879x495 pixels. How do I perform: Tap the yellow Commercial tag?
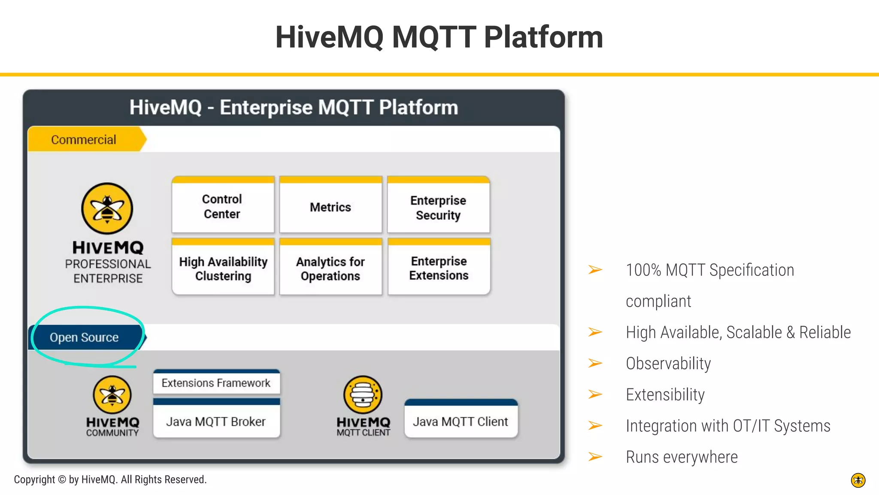pyautogui.click(x=84, y=140)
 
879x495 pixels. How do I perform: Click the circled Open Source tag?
pyautogui.click(x=85, y=337)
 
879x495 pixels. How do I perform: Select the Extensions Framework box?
pyautogui.click(x=216, y=383)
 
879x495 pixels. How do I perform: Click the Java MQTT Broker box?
pyautogui.click(x=216, y=422)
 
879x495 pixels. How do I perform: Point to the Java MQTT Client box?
pyautogui.click(x=461, y=422)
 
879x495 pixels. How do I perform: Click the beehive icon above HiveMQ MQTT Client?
pyautogui.click(x=363, y=394)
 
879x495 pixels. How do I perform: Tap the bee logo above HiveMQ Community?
pyautogui.click(x=112, y=394)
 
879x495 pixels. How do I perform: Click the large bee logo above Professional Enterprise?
pyautogui.click(x=107, y=208)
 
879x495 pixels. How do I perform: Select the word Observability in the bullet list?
pyautogui.click(x=668, y=364)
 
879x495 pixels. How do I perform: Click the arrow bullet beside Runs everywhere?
pyautogui.click(x=595, y=457)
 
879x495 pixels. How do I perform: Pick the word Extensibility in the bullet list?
pyautogui.click(x=665, y=394)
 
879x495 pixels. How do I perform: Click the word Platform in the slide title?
pyautogui.click(x=543, y=37)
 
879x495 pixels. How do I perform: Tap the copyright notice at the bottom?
pyautogui.click(x=110, y=480)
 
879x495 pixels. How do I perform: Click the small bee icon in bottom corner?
pyautogui.click(x=858, y=480)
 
